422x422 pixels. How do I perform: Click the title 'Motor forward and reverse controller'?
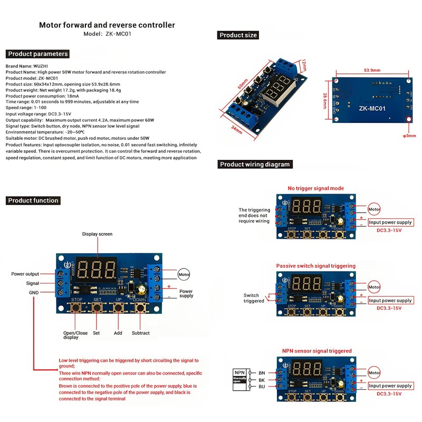click(107, 25)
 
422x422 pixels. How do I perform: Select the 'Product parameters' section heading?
click(38, 54)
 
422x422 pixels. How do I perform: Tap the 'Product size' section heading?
click(238, 35)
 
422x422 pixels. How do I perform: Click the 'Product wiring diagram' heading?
click(255, 165)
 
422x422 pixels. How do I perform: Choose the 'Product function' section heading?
click(34, 200)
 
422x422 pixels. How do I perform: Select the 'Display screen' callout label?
click(97, 234)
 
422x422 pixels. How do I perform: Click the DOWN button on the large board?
click(140, 308)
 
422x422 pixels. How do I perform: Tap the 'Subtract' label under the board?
click(140, 333)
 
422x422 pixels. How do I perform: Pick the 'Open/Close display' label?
click(76, 335)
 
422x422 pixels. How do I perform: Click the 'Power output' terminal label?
click(25, 274)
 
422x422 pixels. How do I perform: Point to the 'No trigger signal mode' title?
click(315, 188)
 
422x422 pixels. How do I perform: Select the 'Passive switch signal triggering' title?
click(315, 266)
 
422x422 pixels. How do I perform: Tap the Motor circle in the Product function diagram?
click(183, 275)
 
